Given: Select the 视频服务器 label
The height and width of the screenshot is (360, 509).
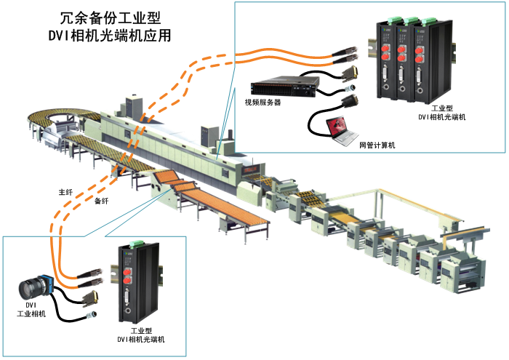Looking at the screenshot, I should click(262, 103).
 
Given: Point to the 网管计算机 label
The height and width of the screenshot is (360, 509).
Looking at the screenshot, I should click(377, 145).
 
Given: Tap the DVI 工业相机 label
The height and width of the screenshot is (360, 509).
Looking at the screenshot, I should click(31, 309).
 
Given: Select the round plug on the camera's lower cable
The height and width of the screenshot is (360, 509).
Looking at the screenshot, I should click(92, 315).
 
